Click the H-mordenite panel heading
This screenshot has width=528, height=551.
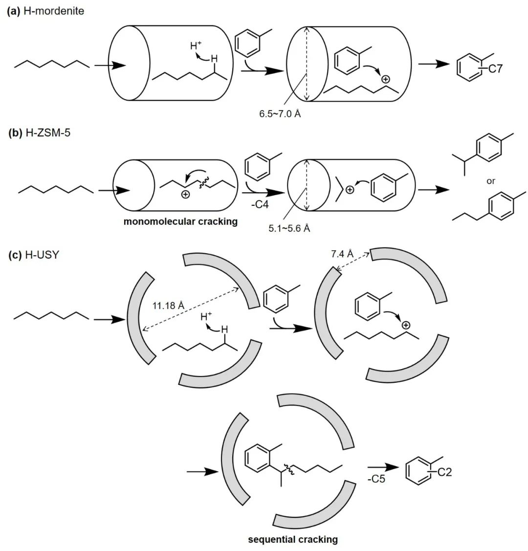click(x=45, y=11)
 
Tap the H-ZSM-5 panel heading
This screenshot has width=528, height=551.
click(x=39, y=132)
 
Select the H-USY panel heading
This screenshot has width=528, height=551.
click(x=33, y=255)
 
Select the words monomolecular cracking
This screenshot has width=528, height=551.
click(x=180, y=221)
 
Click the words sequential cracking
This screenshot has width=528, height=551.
click(x=293, y=539)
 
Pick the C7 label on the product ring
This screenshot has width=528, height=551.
click(x=495, y=69)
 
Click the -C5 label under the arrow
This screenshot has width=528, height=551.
click(x=376, y=479)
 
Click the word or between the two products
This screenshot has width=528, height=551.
click(x=490, y=181)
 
